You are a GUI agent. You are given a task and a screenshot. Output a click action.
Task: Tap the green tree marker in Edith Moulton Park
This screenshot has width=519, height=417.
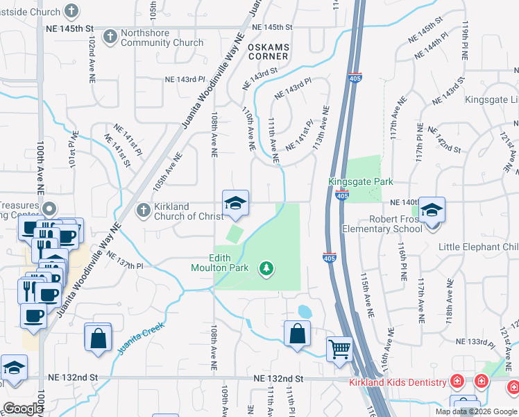[264, 268]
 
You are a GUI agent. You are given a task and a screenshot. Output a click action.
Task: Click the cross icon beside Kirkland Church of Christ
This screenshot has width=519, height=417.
[142, 209]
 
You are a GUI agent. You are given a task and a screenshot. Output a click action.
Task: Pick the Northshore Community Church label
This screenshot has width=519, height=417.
[162, 38]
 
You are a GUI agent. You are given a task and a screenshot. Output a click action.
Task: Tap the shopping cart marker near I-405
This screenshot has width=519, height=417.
[339, 348]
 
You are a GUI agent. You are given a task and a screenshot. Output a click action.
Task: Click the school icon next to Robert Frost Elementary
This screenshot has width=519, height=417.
[432, 210]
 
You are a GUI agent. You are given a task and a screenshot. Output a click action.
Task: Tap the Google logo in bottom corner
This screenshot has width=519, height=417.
[23, 409]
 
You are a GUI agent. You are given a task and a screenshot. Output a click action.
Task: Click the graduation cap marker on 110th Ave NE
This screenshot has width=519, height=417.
[235, 203]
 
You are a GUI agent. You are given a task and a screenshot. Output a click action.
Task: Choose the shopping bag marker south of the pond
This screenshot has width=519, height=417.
[297, 334]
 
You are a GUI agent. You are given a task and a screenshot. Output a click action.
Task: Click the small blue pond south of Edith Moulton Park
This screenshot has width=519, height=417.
[304, 311]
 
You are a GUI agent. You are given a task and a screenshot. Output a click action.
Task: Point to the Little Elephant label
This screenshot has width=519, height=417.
[478, 247]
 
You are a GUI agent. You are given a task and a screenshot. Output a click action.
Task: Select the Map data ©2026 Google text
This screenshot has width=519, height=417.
[475, 411]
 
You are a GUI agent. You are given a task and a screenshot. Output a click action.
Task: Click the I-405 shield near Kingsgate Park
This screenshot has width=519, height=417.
[341, 195]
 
